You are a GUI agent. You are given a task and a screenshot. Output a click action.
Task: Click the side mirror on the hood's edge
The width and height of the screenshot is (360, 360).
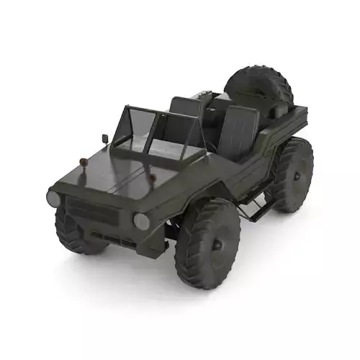[x=105, y=138]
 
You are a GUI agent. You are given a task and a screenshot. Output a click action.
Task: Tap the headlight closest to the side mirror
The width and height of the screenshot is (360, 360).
[x=53, y=198]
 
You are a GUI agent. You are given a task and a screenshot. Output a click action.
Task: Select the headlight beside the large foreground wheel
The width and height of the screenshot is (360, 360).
[x=142, y=221]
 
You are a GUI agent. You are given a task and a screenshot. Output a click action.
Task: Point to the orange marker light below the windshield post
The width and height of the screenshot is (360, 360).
[x=153, y=177]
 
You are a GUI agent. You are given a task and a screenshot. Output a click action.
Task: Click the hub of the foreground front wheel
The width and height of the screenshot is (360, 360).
[x=216, y=244]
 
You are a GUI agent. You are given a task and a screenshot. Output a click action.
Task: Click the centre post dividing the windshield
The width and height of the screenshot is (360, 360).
[x=152, y=134]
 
